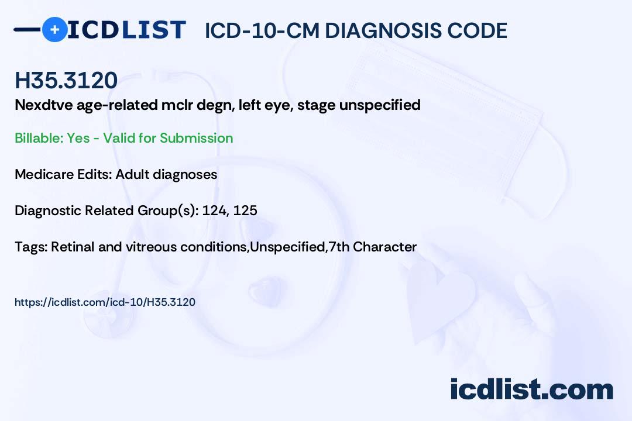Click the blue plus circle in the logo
pos(55,29)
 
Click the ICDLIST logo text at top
pos(126,30)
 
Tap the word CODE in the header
pos(482,30)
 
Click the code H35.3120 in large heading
pos(66,81)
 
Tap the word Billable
pos(37,138)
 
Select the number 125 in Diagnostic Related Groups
pos(245,210)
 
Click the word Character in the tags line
pos(385,247)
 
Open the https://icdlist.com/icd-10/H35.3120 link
pos(105,302)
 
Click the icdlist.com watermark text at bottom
pos(531,389)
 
